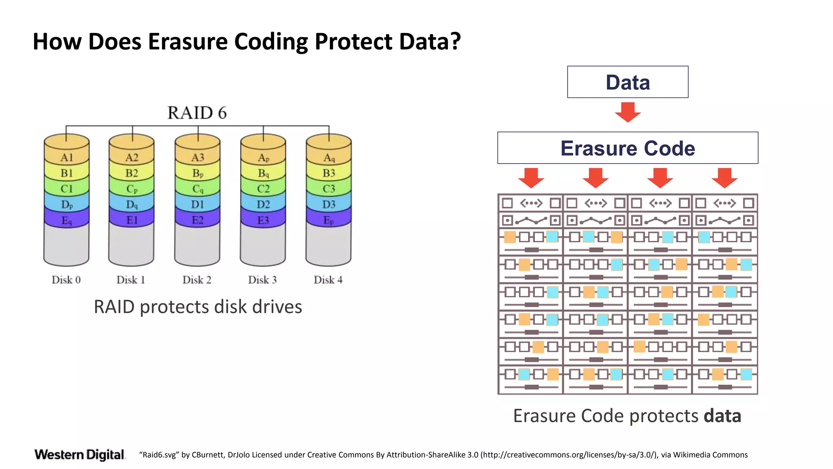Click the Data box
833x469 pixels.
click(628, 82)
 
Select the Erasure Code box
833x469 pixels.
click(628, 148)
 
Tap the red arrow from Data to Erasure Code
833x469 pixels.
click(628, 112)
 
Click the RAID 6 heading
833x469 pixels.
click(197, 113)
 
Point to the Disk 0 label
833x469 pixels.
click(66, 280)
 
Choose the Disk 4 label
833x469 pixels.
click(328, 280)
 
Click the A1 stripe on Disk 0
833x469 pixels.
click(66, 158)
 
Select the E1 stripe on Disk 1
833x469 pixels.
click(132, 220)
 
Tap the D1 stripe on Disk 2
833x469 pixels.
click(197, 204)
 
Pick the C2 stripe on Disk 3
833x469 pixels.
click(263, 189)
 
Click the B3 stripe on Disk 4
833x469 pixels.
click(329, 173)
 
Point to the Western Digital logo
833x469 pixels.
click(80, 455)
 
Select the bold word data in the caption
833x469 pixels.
click(722, 416)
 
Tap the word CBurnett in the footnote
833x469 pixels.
click(208, 455)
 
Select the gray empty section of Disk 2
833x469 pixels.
click(197, 244)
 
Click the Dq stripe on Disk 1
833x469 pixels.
click(132, 204)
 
